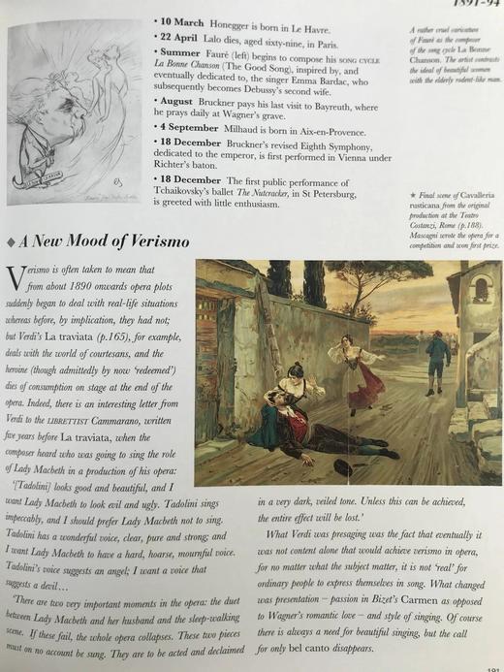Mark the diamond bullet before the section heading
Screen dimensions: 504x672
pyautogui.click(x=12, y=240)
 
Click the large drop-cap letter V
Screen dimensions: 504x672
pyautogui.click(x=16, y=278)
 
